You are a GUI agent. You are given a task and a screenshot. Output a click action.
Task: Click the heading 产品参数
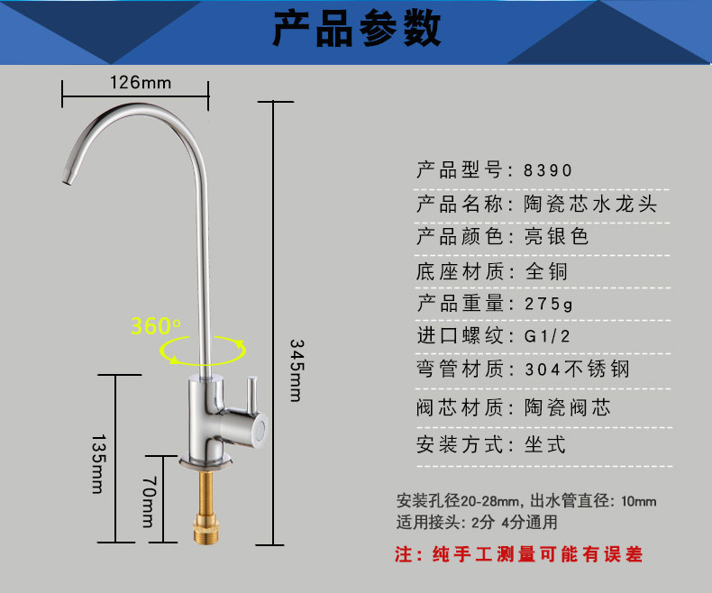(x=356, y=29)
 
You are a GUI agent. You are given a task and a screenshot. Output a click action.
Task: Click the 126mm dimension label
(x=140, y=82)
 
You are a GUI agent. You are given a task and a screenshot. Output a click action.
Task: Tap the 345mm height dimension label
(x=295, y=369)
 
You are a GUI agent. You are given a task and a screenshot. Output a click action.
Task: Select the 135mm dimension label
(x=98, y=462)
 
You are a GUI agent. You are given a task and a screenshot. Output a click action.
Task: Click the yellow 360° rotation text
(x=155, y=326)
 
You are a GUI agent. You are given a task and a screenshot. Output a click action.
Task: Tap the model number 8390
(x=548, y=170)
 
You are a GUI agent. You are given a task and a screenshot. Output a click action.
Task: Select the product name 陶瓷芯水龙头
(x=590, y=204)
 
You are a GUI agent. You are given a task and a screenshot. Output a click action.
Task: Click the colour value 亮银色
(x=557, y=237)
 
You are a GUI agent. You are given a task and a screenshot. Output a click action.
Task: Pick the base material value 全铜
(x=546, y=271)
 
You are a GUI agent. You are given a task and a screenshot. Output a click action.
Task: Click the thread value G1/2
(x=548, y=336)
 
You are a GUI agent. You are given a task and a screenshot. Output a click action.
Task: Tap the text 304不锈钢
(x=577, y=369)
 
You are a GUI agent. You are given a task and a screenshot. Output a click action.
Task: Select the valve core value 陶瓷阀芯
(x=568, y=407)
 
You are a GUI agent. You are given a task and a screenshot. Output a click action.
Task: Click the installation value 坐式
(x=545, y=444)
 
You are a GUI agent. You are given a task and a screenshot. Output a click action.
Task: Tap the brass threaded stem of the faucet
(x=209, y=505)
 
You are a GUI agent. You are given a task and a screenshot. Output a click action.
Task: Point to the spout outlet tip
(x=66, y=180)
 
